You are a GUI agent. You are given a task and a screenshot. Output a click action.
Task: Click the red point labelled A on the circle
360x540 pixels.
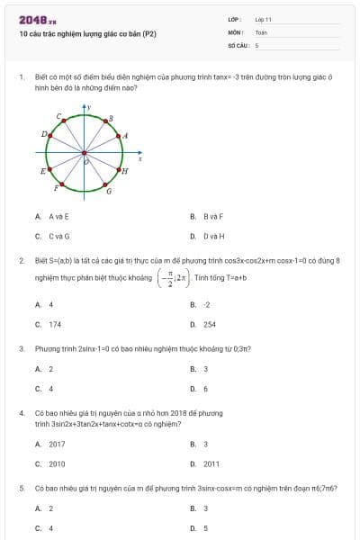point(119,136)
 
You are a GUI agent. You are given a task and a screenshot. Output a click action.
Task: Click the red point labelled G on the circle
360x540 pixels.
point(106,184)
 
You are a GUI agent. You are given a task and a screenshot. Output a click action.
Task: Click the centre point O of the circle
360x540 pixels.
point(85,152)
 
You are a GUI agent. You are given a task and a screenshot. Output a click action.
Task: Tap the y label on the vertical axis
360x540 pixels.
point(90,108)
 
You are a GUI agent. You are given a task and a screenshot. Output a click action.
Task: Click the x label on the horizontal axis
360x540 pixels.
point(139,157)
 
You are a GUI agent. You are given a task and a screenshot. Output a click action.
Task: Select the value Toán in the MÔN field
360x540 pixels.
point(261,31)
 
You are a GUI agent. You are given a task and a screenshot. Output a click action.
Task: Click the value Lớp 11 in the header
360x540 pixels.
point(263,19)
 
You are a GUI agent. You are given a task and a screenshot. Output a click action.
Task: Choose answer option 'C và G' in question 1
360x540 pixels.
point(58,236)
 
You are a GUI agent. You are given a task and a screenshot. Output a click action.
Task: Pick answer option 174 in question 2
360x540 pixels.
point(56,324)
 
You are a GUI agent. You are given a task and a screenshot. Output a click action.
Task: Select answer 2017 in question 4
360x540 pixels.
point(57,444)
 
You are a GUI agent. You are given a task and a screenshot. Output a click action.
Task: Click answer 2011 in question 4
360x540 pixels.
point(211,463)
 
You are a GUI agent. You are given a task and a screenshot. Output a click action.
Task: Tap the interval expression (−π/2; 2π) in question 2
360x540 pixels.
point(171,278)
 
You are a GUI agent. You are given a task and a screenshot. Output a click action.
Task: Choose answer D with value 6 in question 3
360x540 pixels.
point(206,389)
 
